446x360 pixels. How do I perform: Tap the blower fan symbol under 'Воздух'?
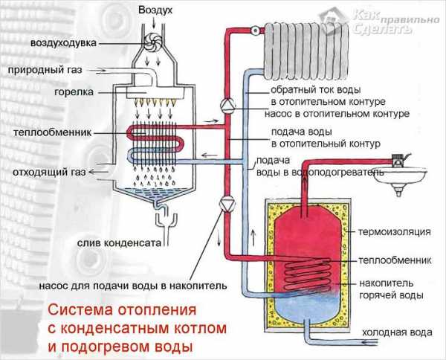pos(154,42)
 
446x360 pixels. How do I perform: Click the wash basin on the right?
pos(404,176)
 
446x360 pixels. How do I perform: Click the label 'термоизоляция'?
pos(394,232)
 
